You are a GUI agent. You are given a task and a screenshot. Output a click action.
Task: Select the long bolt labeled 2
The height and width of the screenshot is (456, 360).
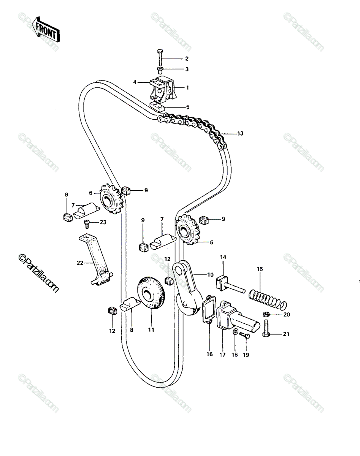click(159, 57)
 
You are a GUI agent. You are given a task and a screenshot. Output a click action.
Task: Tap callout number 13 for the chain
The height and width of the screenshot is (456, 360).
click(240, 133)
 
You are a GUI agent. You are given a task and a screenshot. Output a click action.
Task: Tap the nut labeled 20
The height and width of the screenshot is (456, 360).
click(266, 314)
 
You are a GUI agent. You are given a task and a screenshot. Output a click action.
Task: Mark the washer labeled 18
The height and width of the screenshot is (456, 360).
click(235, 332)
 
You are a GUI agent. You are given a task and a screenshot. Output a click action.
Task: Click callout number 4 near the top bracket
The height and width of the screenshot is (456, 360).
click(135, 82)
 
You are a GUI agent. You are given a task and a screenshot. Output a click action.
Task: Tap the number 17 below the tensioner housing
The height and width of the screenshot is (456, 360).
click(222, 355)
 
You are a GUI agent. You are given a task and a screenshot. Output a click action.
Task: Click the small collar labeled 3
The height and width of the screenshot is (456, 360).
click(159, 70)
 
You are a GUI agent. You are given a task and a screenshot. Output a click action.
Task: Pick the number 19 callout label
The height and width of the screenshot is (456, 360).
click(246, 355)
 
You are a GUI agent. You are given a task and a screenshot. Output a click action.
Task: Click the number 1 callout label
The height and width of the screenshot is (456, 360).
click(187, 87)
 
